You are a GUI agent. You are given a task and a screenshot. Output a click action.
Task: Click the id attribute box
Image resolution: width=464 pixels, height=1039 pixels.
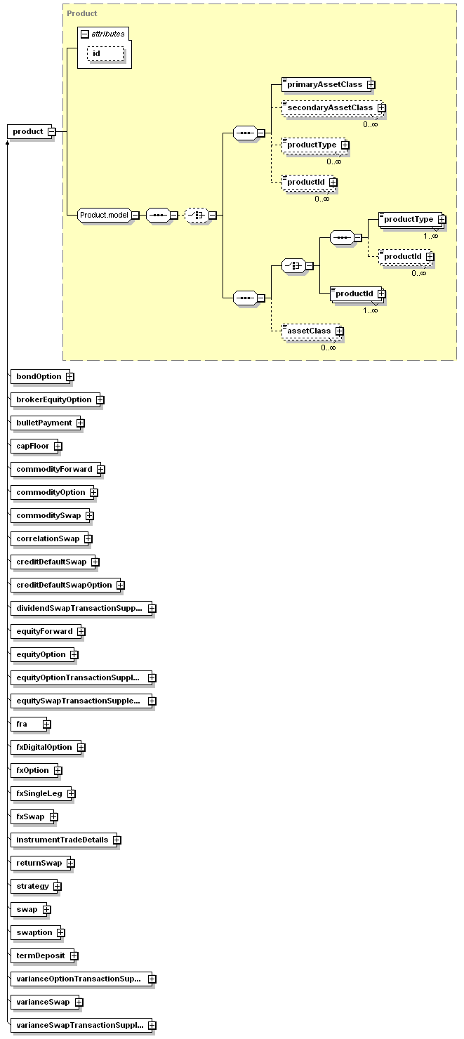click(105, 54)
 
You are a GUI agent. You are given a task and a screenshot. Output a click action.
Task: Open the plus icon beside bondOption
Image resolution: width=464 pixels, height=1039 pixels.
click(70, 376)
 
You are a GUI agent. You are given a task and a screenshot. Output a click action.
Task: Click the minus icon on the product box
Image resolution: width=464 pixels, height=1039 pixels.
click(52, 132)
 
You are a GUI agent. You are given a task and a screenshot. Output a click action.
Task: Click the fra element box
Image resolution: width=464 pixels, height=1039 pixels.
click(29, 724)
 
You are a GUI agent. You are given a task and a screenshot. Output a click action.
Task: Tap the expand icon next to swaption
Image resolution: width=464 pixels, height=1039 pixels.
click(61, 933)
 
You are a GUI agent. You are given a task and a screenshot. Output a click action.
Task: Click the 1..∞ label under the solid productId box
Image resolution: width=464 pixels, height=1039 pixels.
click(370, 310)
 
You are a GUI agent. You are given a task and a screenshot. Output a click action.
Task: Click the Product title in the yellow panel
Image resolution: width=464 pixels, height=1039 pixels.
click(82, 13)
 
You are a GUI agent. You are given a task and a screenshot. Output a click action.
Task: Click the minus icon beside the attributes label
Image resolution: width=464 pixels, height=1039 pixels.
click(85, 34)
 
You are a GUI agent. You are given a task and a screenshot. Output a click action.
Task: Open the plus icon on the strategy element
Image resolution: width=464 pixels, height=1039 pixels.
click(58, 887)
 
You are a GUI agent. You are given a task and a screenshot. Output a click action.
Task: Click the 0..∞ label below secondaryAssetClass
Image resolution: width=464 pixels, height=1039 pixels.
click(370, 124)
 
